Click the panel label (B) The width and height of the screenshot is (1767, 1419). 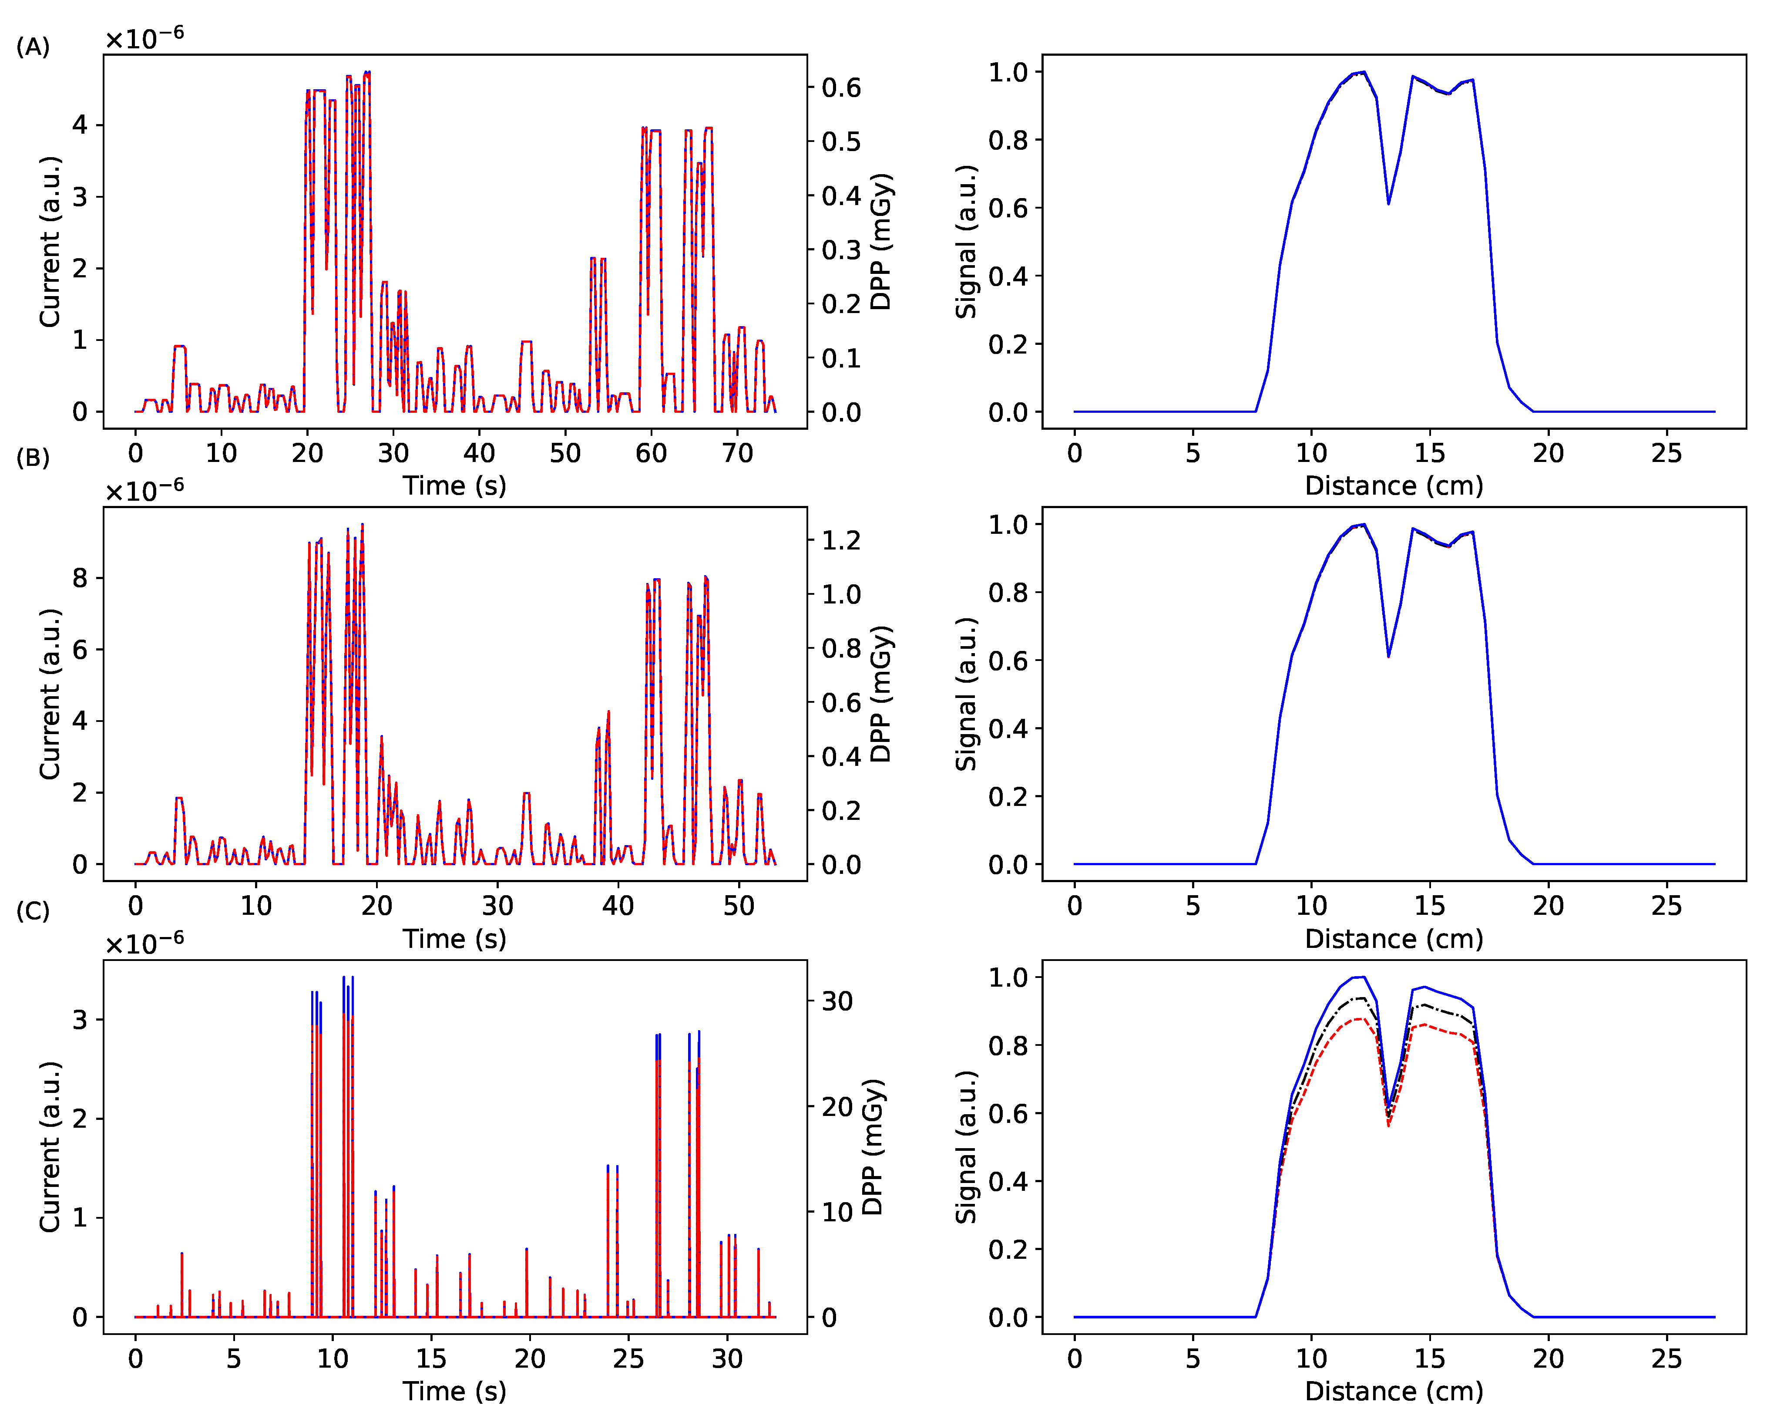click(33, 458)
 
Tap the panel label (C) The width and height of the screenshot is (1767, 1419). click(33, 911)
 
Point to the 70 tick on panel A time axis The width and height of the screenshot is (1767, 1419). click(737, 453)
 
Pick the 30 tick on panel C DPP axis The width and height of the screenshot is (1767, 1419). click(837, 1001)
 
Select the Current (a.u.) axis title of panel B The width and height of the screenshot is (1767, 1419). click(49, 694)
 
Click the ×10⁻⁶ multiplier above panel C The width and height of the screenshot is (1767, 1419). click(144, 944)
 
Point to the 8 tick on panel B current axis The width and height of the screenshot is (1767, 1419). click(80, 578)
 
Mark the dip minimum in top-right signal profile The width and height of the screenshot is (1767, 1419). click(1388, 203)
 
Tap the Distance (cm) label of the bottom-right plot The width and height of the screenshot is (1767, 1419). click(1394, 1391)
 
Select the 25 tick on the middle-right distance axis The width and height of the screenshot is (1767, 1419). click(1666, 906)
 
